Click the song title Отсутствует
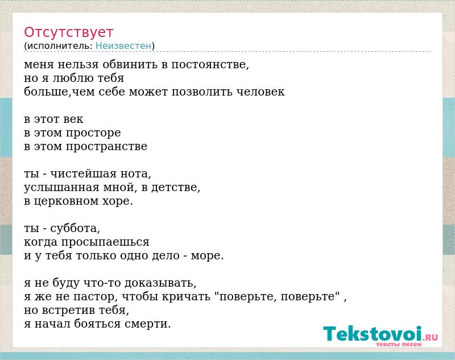pyautogui.click(x=68, y=32)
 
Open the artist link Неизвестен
pyautogui.click(x=123, y=46)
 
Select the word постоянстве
pyautogui.click(x=210, y=64)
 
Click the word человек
pyautogui.click(x=260, y=92)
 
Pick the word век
pyautogui.click(x=73, y=119)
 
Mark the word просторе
pyautogui.click(x=93, y=134)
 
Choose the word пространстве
pyautogui.click(x=106, y=147)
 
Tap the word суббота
pyautogui.click(x=75, y=228)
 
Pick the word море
pyautogui.click(x=207, y=256)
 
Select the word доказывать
pyautogui.click(x=160, y=283)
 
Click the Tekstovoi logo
pyautogui.click(x=380, y=334)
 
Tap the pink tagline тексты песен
pyautogui.click(x=399, y=345)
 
